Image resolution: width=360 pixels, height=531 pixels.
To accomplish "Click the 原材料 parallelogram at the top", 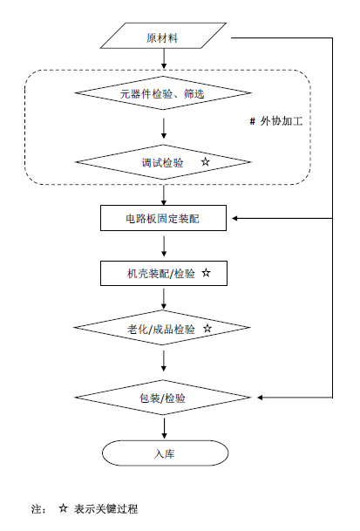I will pos(164,38).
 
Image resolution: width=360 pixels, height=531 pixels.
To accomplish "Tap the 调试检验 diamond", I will pos(164,162).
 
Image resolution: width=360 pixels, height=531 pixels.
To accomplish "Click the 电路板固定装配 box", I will pos(164,217).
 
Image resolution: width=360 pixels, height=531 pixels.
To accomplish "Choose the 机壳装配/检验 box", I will pos(164,273).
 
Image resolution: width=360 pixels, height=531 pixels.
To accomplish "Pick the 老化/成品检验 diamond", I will pos(164,329).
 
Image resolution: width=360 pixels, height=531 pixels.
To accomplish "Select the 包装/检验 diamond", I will pos(164,398).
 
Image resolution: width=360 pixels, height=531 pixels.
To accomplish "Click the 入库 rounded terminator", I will pos(164,453).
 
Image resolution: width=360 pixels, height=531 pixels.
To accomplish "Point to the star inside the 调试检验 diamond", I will pos(206,161).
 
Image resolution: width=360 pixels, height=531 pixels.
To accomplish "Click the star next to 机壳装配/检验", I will pos(206,272).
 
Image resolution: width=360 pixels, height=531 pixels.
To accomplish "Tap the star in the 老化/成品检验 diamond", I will pos(207,328).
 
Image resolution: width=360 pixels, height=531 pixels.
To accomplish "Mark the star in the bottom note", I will pos(63,507).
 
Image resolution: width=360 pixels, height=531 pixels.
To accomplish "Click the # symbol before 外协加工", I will pos(252,122).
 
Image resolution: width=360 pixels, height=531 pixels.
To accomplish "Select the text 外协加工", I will pos(281,122).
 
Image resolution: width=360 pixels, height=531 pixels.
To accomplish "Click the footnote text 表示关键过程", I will pos(105,508).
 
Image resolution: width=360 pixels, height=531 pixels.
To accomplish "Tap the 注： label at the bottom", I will pos(38,508).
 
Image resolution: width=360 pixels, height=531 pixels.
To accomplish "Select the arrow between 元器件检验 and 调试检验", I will pos(164,127).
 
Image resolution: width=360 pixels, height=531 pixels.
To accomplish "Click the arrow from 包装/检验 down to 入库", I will pos(164,426).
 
